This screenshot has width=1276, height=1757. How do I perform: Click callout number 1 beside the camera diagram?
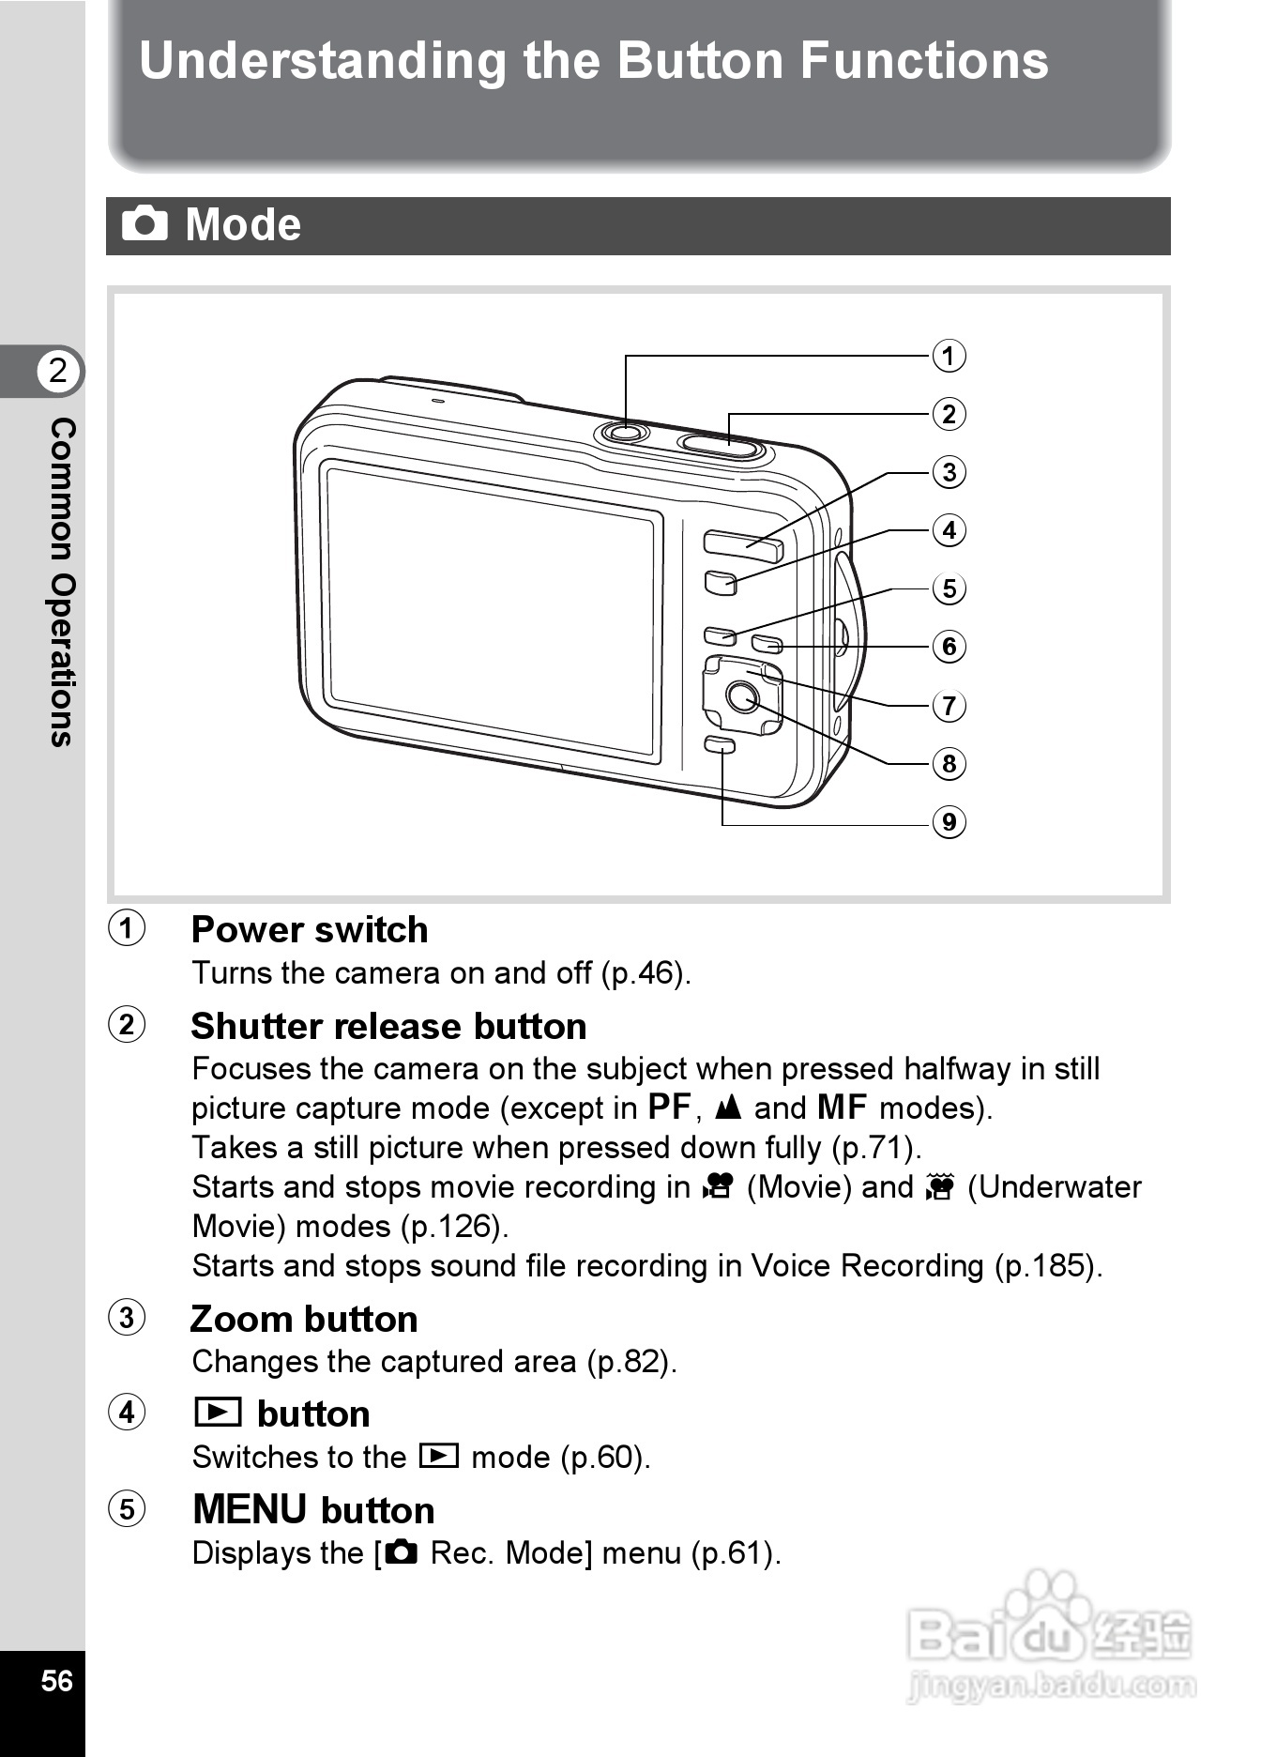pos(949,357)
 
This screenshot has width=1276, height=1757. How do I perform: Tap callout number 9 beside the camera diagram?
pos(949,822)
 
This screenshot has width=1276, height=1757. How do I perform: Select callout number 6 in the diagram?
pos(949,647)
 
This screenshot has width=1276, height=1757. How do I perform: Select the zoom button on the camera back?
pos(742,544)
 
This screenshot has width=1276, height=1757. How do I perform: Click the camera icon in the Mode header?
pos(144,224)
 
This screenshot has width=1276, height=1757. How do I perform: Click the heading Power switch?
pos(310,930)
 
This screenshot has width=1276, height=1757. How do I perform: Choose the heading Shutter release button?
pos(388,1027)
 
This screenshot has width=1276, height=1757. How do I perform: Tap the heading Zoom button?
pos(304,1320)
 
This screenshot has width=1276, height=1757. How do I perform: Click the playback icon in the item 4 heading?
pos(218,1413)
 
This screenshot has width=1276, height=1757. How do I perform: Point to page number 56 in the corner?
pos(56,1680)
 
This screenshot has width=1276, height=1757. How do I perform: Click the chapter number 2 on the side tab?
pos(58,371)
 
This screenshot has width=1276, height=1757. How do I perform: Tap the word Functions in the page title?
pos(923,61)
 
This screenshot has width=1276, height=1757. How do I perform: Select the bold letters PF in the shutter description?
pos(669,1108)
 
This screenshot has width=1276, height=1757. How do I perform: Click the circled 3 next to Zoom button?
pos(128,1318)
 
